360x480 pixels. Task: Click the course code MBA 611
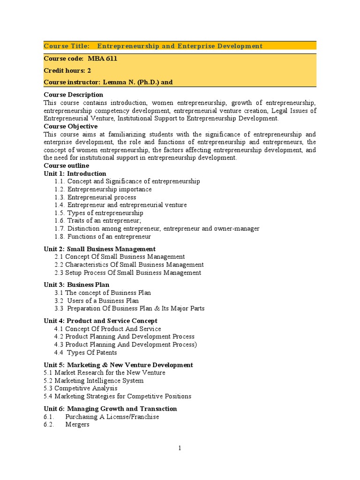click(x=102, y=59)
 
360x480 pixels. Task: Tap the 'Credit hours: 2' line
click(x=67, y=70)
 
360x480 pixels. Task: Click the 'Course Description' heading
click(x=73, y=95)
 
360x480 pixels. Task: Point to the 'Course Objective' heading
click(x=70, y=126)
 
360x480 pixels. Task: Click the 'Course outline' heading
click(x=66, y=165)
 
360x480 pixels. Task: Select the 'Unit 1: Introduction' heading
click(x=75, y=173)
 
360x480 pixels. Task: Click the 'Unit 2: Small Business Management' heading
click(x=99, y=249)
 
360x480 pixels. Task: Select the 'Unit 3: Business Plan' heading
click(x=76, y=285)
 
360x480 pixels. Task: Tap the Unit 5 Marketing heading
click(x=118, y=365)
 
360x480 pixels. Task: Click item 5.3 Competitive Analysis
click(x=87, y=388)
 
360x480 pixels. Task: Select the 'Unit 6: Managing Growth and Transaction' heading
click(x=110, y=409)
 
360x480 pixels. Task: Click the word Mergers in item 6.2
click(x=77, y=425)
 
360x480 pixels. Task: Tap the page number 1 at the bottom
click(x=180, y=449)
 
